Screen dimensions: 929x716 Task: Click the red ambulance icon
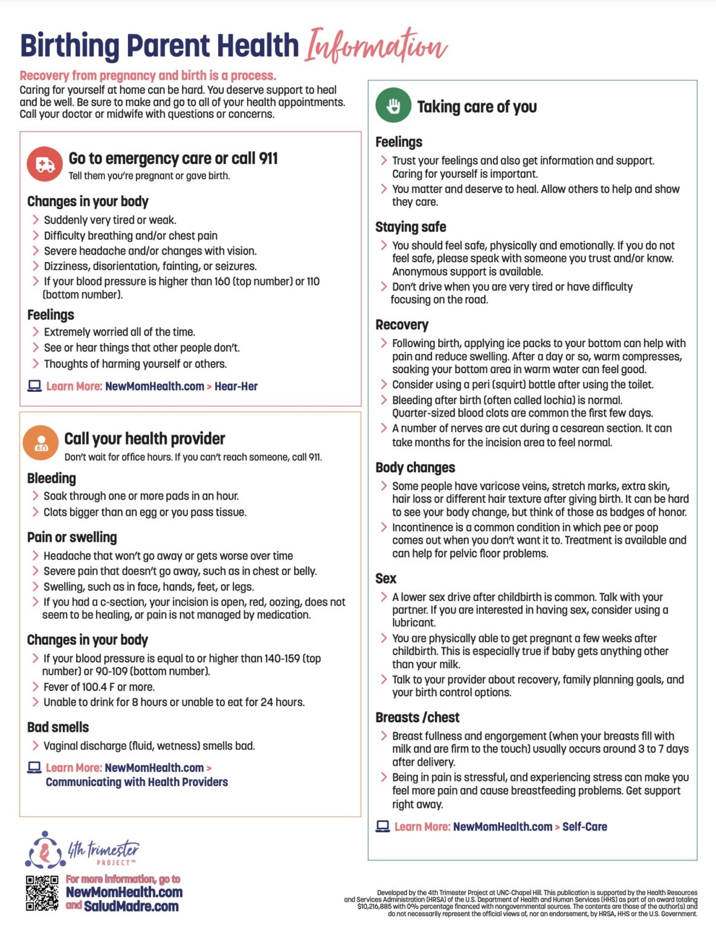point(45,164)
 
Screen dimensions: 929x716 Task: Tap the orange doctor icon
point(40,443)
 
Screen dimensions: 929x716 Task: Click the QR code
point(42,893)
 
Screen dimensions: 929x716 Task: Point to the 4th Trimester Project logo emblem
point(45,850)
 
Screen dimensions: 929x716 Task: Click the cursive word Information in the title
point(375,47)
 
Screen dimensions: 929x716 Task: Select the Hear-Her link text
point(236,386)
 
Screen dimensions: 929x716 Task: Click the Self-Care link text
point(584,827)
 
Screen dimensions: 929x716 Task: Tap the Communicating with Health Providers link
point(137,782)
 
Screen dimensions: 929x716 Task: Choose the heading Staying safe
point(411,227)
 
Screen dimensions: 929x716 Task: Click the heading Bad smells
point(58,728)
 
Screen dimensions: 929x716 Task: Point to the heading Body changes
point(415,468)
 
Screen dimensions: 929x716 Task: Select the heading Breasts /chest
point(418,718)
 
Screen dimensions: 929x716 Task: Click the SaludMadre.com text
point(131,907)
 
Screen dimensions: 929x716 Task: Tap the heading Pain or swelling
point(72,538)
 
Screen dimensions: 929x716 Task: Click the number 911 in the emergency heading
point(268,158)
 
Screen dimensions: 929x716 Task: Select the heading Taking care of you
point(477,107)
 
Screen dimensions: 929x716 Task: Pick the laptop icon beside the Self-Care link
point(382,826)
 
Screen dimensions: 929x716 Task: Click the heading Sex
point(385,579)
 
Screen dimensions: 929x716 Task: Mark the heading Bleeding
point(51,478)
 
